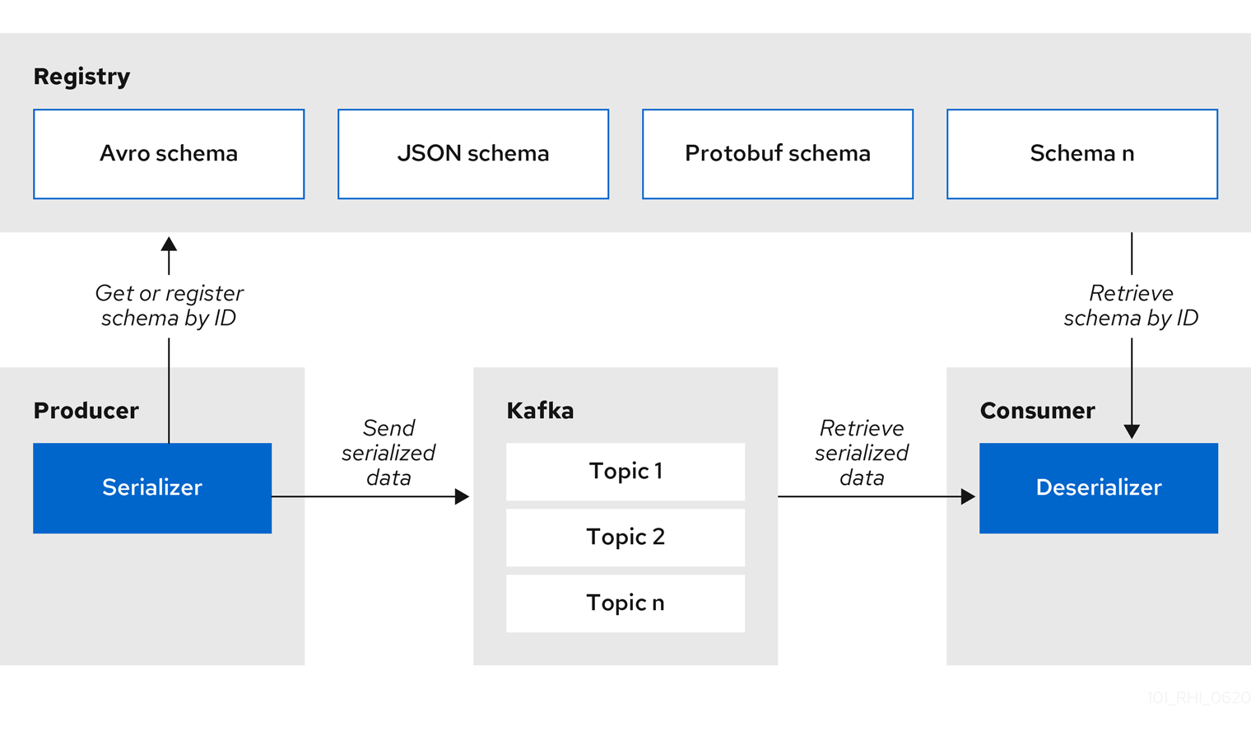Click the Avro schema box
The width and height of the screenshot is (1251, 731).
tap(169, 154)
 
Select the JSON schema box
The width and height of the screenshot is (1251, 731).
tap(473, 154)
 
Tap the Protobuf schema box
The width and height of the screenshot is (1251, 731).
tap(778, 154)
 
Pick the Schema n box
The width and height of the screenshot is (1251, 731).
tap(1082, 154)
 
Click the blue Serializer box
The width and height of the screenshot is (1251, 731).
tap(152, 488)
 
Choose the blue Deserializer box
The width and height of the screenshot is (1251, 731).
tap(1099, 488)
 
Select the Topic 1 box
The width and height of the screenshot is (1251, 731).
tap(625, 472)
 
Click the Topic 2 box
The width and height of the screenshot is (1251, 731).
tap(625, 538)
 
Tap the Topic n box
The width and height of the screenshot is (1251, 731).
tap(625, 603)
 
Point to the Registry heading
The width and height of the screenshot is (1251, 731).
tap(81, 77)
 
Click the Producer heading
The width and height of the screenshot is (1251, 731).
tap(86, 411)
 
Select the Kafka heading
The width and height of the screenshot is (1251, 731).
tap(540, 411)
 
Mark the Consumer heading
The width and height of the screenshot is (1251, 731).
tap(1037, 411)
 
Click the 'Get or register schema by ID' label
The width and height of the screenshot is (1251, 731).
tap(169, 305)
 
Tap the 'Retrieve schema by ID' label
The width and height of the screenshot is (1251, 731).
tap(1131, 305)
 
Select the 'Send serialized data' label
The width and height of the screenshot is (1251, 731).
tap(388, 453)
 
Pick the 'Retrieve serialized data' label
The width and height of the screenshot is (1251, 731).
tap(862, 453)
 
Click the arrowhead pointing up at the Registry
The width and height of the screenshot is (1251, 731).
tap(169, 244)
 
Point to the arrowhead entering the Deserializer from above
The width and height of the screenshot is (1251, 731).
tap(1132, 431)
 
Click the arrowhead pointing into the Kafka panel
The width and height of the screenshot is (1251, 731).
tap(462, 496)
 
